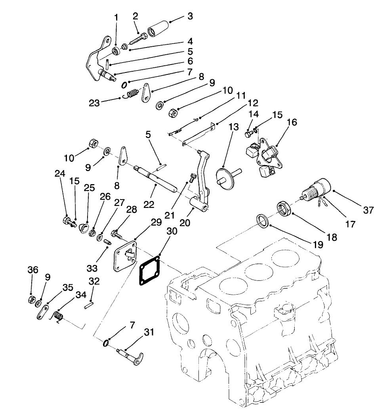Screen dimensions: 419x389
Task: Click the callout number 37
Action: click(368, 210)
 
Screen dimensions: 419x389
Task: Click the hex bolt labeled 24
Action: click(67, 221)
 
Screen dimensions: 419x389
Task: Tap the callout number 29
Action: click(156, 222)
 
